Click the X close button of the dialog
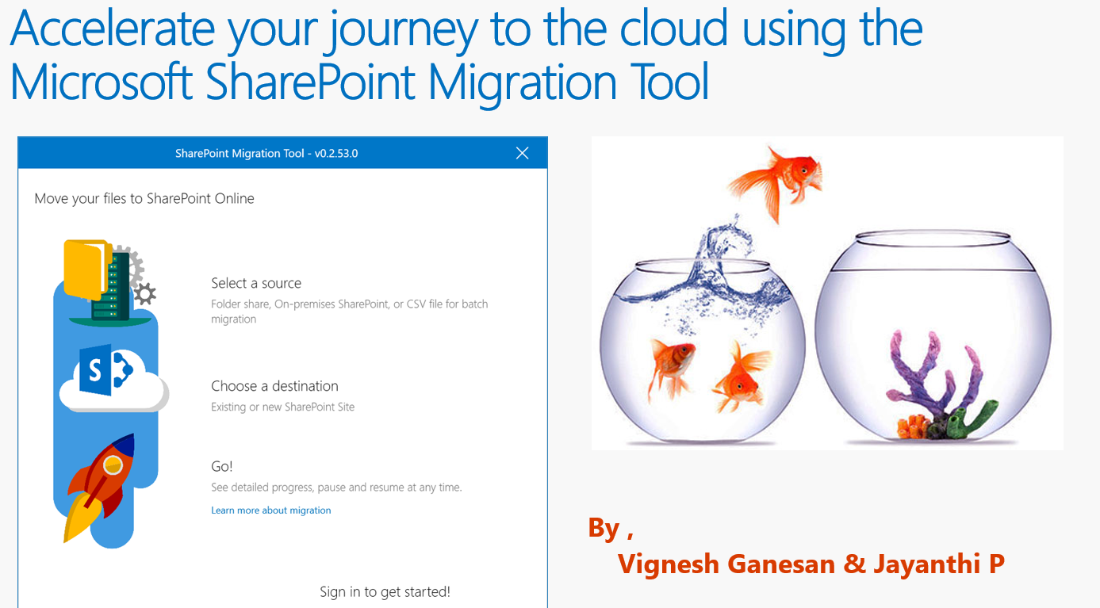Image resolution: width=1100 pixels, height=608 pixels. pos(522,153)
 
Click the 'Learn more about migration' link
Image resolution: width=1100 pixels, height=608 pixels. pos(270,510)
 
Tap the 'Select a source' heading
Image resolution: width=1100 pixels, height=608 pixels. pos(256,283)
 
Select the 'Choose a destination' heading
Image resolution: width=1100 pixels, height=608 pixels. pos(274,386)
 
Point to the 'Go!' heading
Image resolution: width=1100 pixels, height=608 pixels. pos(222,466)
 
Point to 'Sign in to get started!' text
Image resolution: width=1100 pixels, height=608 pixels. pos(385,591)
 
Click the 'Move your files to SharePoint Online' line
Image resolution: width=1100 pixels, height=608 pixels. pos(144,198)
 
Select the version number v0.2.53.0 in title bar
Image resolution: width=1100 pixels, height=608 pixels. pos(336,153)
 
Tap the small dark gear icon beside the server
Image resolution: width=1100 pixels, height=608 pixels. pos(145,295)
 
